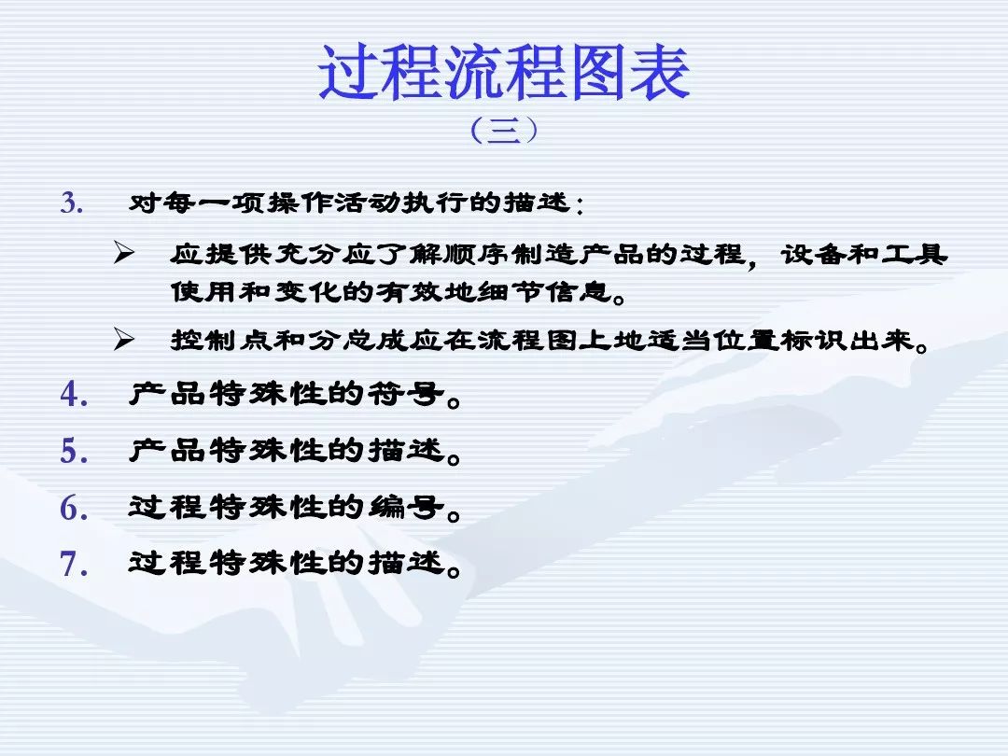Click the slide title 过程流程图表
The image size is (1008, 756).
point(504,72)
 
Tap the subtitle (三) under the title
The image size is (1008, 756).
point(504,131)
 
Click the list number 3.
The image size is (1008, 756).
point(72,203)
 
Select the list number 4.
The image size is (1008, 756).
point(74,394)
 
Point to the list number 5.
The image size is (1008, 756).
point(74,451)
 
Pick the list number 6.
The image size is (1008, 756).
point(74,508)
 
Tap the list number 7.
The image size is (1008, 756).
point(74,564)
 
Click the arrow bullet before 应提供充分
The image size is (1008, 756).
point(124,253)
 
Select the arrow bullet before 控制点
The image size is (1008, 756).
point(124,339)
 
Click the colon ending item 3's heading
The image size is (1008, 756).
point(580,205)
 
